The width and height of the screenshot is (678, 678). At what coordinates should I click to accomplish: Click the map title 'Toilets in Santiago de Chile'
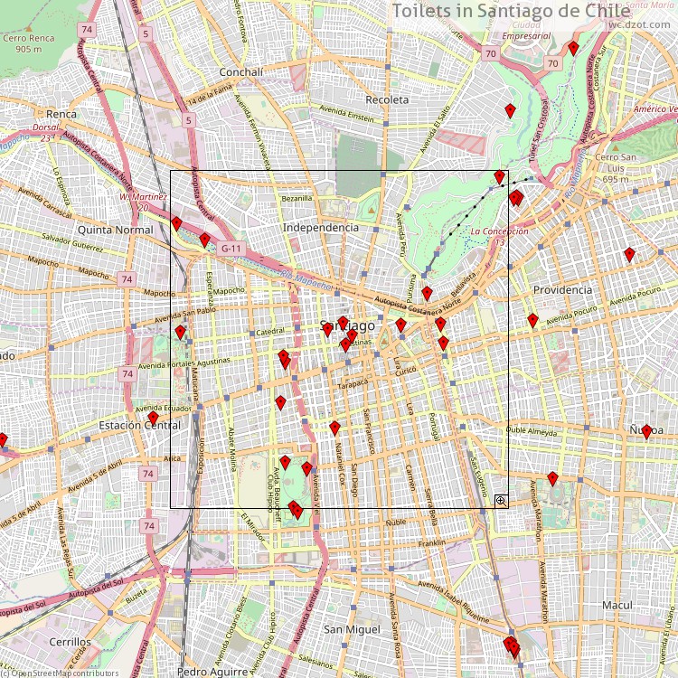coord(511,11)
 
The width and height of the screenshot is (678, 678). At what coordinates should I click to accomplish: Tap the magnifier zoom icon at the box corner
coord(500,500)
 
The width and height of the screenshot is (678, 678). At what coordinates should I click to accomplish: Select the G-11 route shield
coord(231,249)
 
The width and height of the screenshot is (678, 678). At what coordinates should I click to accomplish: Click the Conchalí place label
coord(241,72)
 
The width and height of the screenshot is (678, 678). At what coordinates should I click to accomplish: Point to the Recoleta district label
coord(387,99)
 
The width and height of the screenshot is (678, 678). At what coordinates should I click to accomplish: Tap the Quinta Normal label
coord(116,230)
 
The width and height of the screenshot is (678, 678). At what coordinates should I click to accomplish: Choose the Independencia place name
coord(321,228)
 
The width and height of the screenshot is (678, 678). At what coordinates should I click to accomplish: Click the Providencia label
coord(562,290)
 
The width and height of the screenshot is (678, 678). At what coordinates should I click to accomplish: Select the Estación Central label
coord(139,425)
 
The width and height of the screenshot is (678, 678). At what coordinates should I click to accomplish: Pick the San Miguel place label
coord(353,628)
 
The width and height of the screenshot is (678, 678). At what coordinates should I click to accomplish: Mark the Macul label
coord(617,605)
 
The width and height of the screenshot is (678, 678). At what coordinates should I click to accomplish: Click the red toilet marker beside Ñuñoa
coord(646,431)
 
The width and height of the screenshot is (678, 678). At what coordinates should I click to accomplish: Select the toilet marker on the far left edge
coord(3,440)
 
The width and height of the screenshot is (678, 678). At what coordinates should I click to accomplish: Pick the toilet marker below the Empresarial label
coord(572,47)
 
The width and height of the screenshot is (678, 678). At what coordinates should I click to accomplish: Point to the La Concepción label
coord(499,232)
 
